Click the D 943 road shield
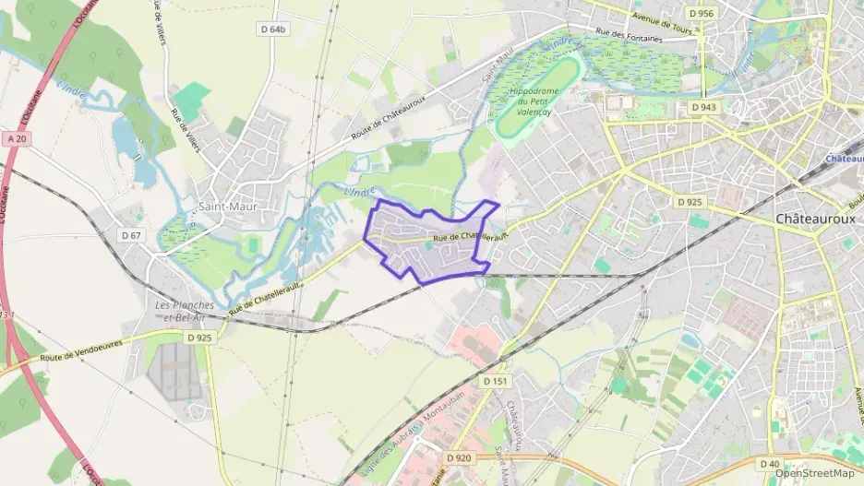click(703, 108)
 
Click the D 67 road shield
click(131, 235)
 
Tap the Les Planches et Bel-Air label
click(185, 311)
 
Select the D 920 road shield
click(458, 457)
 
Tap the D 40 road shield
click(770, 463)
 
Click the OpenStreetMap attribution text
click(814, 473)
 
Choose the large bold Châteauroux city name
click(815, 219)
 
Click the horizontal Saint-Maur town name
click(228, 207)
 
